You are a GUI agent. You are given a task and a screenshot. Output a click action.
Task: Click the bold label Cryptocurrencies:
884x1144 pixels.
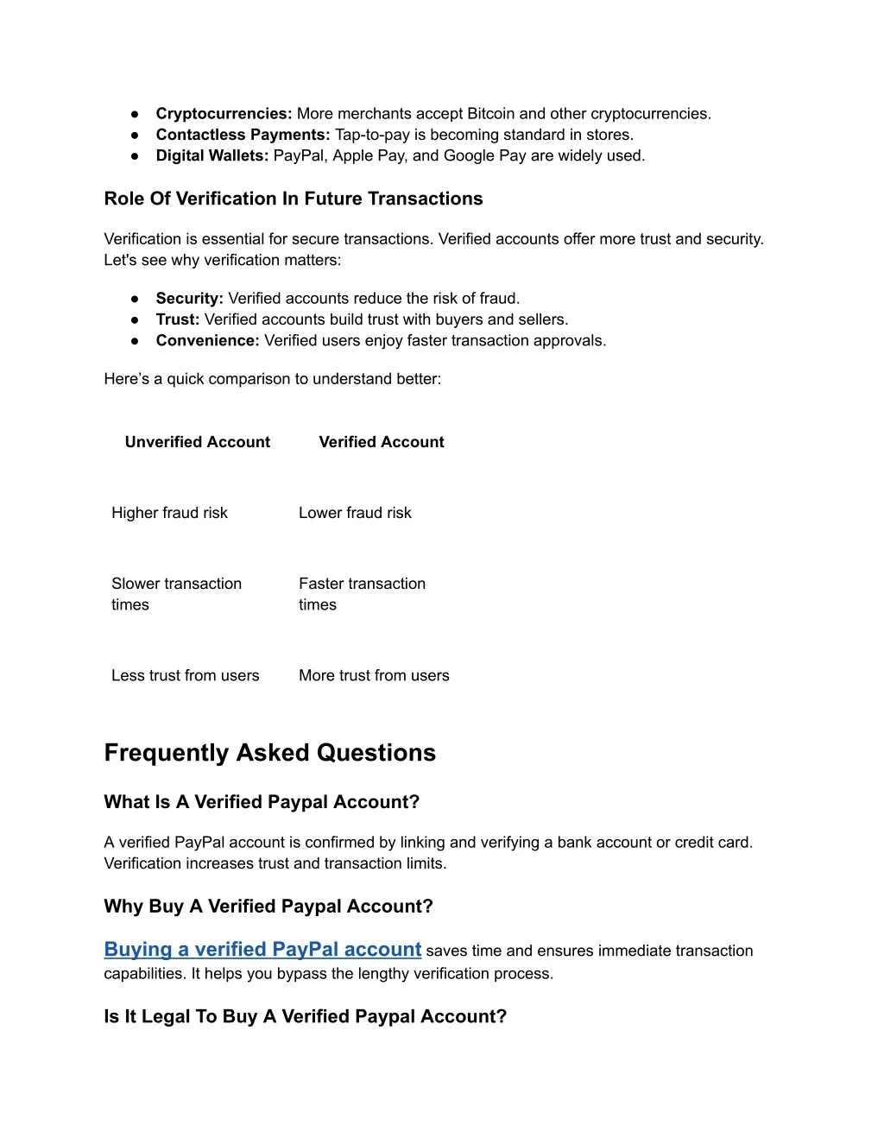pos(224,114)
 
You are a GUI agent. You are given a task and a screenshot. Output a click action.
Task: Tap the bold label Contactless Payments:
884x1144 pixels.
pos(243,135)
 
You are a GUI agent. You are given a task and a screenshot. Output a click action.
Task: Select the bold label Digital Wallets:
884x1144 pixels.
pos(212,156)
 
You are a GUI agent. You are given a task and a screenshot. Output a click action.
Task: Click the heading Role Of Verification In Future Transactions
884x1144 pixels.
pos(294,199)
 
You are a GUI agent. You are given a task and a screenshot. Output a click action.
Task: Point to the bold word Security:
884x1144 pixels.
pos(189,299)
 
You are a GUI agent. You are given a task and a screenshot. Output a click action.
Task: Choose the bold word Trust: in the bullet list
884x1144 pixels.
pos(177,319)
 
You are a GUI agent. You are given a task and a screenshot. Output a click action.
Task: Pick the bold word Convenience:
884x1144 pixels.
pos(207,341)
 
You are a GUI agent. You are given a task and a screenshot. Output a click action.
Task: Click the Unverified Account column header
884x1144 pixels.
pos(198,442)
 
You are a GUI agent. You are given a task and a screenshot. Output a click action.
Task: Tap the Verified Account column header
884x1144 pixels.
pos(382,442)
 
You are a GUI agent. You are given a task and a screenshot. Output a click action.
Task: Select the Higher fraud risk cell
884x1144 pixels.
pos(169,513)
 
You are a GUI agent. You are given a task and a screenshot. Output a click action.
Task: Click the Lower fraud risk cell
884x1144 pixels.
pos(355,513)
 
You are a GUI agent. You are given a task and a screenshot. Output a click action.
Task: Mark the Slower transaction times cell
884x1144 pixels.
pos(176,594)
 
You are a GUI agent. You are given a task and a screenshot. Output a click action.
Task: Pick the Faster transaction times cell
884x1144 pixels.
pos(362,594)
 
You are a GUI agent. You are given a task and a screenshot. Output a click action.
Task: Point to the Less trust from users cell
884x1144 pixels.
pos(185,676)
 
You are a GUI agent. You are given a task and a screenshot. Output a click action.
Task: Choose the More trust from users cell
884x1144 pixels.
pos(374,676)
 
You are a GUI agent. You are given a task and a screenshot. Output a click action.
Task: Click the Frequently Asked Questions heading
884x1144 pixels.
pos(269,753)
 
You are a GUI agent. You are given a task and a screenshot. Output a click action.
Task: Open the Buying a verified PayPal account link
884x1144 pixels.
pos(262,950)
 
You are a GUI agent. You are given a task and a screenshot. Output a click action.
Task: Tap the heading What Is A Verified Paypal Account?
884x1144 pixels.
pos(262,802)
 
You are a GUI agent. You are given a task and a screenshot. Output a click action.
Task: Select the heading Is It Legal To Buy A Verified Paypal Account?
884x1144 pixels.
pos(305,1016)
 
